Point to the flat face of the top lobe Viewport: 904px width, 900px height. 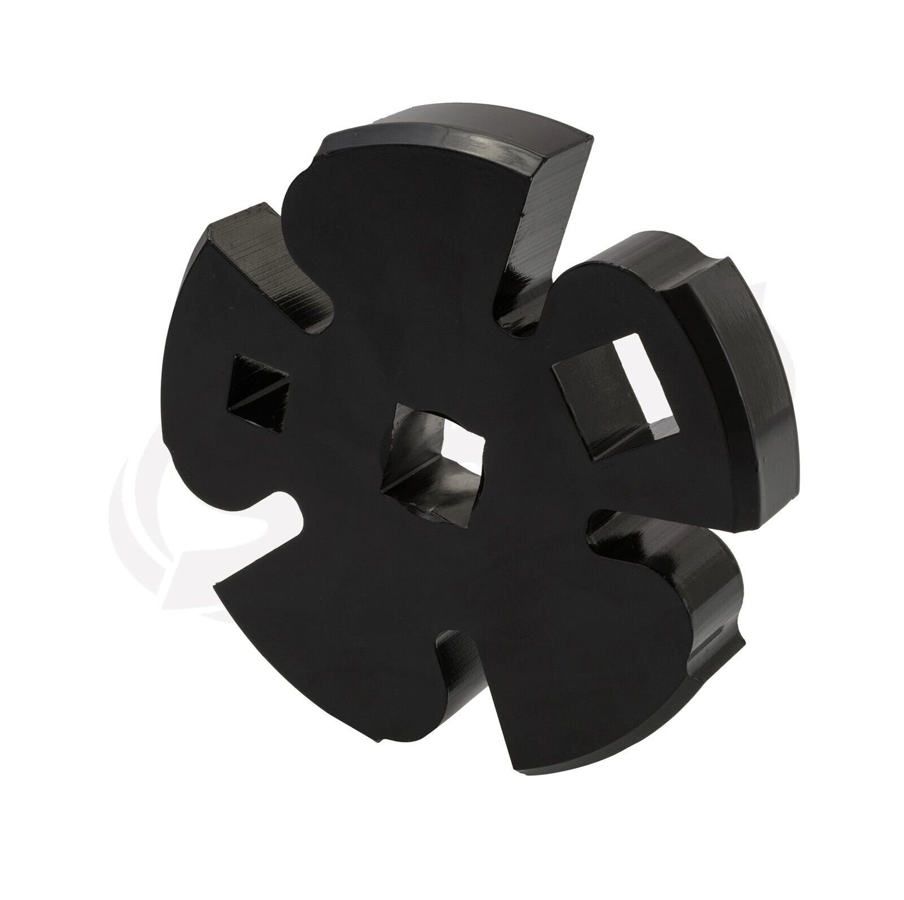(x=400, y=206)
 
